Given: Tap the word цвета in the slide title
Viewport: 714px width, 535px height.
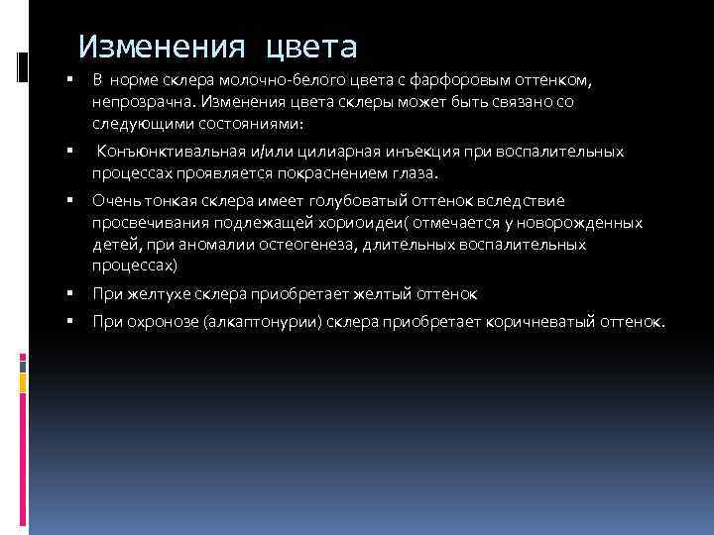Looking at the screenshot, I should (x=310, y=47).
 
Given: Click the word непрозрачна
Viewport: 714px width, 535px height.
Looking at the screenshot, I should (x=138, y=101).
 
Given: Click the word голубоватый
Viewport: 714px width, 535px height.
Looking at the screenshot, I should (x=344, y=200).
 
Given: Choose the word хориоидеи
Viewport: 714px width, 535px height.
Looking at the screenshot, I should (x=348, y=222).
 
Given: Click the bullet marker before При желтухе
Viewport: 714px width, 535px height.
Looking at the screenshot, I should (x=71, y=294).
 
